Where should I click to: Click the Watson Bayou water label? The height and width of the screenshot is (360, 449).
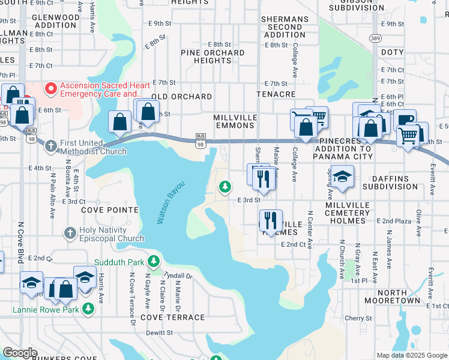click(x=171, y=202)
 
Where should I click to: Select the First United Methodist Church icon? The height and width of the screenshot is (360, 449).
click(x=51, y=146)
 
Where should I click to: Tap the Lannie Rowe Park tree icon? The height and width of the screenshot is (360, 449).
click(x=89, y=308)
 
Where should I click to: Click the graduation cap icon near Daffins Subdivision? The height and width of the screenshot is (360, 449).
click(x=342, y=176)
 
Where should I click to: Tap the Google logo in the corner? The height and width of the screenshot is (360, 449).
click(x=20, y=353)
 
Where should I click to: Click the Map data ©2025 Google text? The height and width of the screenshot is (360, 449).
click(x=412, y=355)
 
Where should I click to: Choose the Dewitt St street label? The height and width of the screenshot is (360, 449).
click(x=158, y=332)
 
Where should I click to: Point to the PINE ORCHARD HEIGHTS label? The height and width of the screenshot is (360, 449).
click(x=213, y=56)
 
